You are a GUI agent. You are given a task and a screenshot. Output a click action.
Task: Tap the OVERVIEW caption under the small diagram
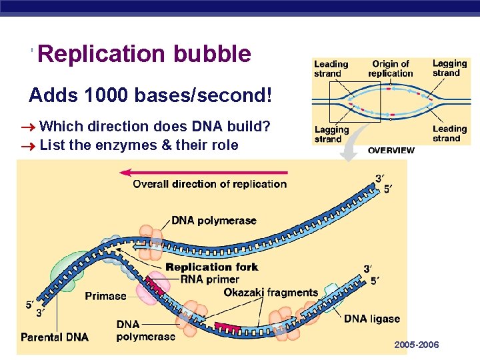[391, 151]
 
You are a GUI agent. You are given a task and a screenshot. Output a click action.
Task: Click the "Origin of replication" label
[391, 69]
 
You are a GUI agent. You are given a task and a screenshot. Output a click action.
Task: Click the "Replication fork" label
[211, 267]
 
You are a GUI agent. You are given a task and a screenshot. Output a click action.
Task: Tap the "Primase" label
[105, 296]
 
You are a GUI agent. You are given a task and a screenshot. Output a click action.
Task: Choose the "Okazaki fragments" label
[271, 293]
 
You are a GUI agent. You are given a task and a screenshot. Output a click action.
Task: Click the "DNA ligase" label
[372, 319]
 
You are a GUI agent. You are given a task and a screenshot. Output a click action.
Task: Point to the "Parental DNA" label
[55, 337]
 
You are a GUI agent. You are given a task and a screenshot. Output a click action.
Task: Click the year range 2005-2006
[417, 345]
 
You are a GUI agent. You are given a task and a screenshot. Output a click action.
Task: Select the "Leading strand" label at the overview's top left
[331, 69]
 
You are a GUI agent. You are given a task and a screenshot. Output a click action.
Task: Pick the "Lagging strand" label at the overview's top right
[449, 68]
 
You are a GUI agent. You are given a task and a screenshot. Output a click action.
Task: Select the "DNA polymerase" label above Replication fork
[214, 221]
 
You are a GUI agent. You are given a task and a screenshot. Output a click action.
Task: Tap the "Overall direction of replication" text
[209, 185]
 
